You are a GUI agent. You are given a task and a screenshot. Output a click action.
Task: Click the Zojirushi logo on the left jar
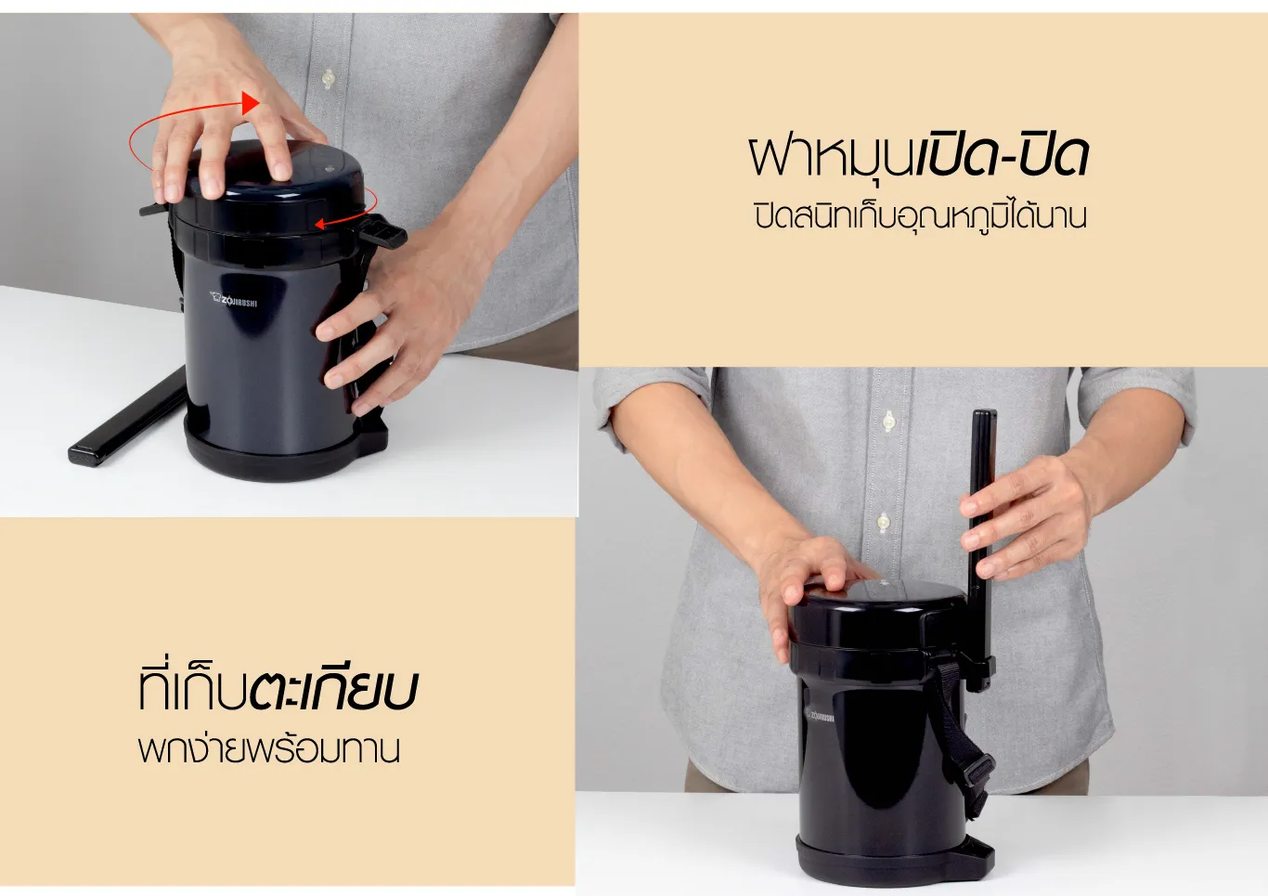tap(233, 299)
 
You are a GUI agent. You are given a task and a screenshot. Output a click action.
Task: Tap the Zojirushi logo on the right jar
tap(820, 716)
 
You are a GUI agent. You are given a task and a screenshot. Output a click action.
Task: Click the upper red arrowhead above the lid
tap(250, 103)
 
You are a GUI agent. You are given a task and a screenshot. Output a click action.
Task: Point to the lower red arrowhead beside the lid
tap(320, 225)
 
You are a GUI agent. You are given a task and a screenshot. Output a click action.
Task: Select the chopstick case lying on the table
tap(127, 417)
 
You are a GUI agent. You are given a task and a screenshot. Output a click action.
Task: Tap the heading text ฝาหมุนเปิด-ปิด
tap(918, 155)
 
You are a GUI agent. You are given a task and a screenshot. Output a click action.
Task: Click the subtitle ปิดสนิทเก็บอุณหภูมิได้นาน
tap(921, 217)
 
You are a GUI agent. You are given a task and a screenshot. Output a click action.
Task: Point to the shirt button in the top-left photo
tap(328, 78)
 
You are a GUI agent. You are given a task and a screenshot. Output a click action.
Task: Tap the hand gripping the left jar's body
tap(392, 318)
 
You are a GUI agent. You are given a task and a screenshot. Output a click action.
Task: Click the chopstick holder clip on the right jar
tap(981, 673)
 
